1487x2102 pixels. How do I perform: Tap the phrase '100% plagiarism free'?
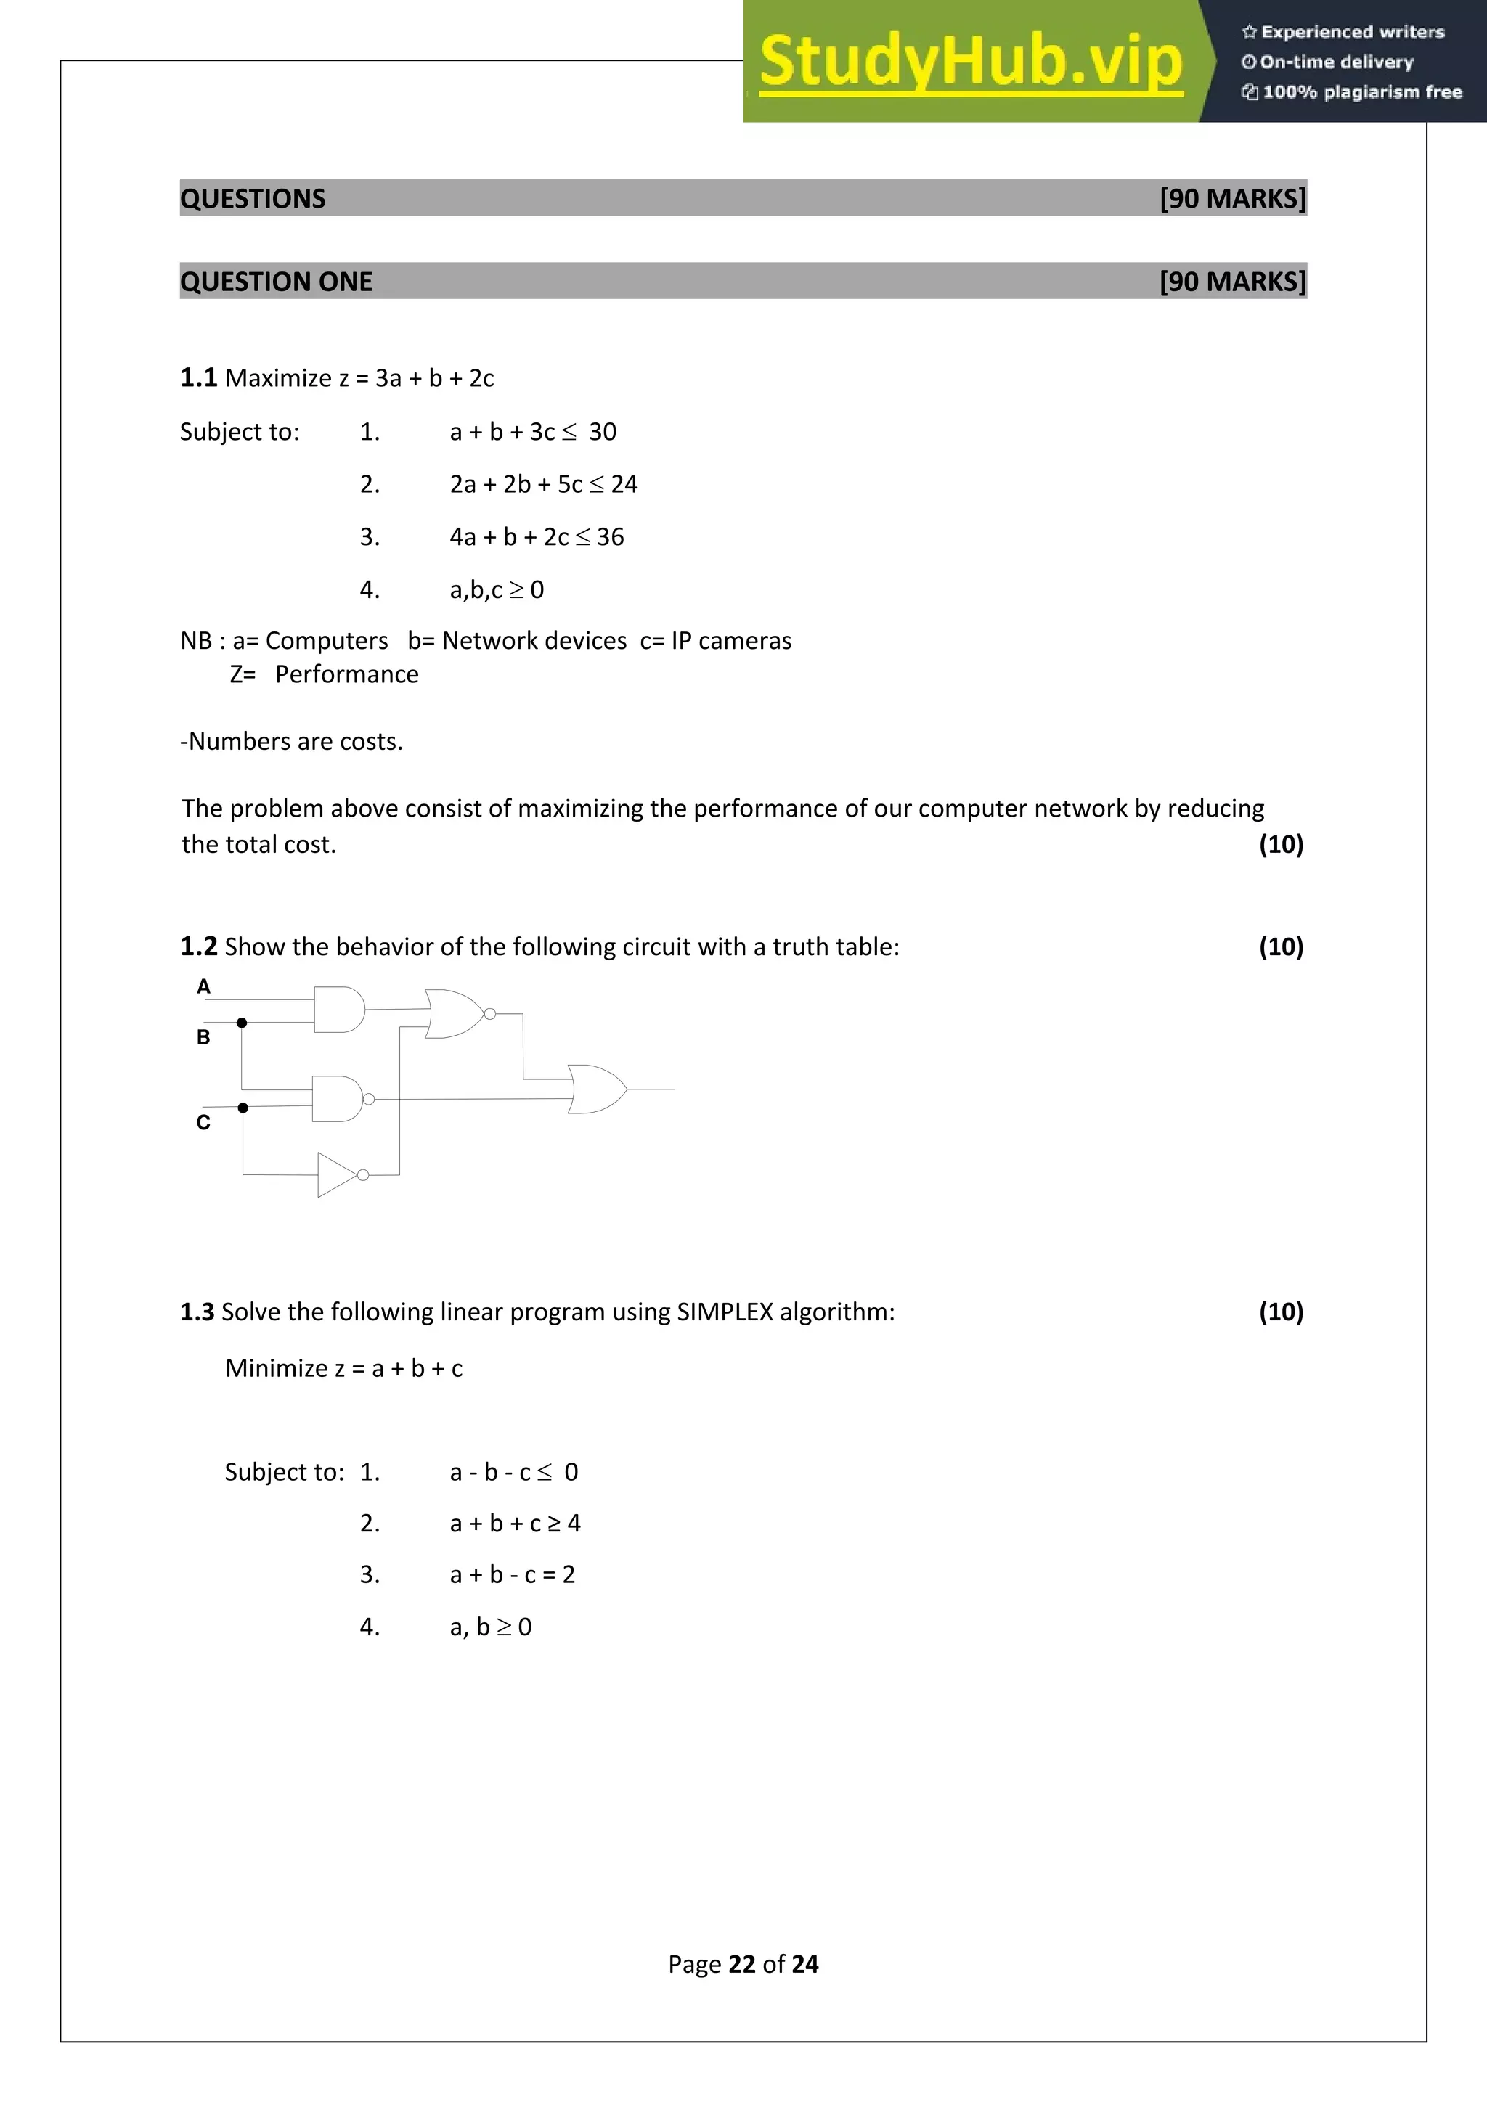1361,91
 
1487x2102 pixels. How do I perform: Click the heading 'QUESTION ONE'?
276,281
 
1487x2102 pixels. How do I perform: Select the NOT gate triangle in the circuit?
336,1174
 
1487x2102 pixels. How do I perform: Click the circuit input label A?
203,986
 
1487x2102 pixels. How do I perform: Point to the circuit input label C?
203,1122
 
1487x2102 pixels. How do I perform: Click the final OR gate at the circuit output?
596,1089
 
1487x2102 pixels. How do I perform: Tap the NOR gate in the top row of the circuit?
455,1013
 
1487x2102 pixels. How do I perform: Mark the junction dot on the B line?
242,1023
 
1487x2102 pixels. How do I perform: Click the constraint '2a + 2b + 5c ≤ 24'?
543,484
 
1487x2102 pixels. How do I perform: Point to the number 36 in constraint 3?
610,537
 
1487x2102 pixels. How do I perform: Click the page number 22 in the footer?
741,1964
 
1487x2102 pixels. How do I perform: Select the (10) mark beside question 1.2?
1280,946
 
